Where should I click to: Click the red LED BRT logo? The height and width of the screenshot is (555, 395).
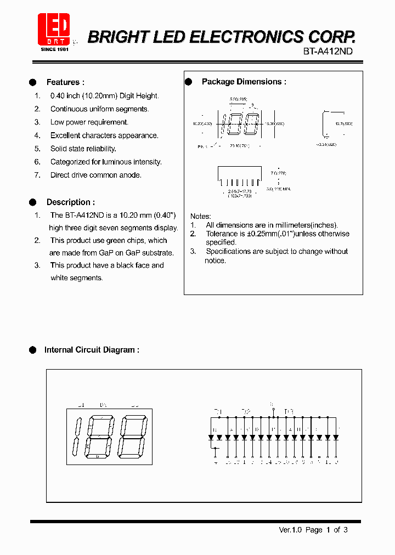[x=54, y=30]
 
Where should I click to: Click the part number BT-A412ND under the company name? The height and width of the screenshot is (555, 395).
[x=328, y=50]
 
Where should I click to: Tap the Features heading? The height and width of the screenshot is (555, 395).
[x=65, y=82]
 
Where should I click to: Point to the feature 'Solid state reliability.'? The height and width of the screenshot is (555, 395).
[x=83, y=149]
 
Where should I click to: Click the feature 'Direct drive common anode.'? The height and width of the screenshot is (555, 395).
[x=95, y=175]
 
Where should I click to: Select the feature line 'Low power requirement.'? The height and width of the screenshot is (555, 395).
[x=89, y=122]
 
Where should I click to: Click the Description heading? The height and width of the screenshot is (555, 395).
[x=70, y=202]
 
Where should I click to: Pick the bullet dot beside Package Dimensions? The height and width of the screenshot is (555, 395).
[x=188, y=82]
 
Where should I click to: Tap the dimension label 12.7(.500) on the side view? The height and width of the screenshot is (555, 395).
[x=342, y=124]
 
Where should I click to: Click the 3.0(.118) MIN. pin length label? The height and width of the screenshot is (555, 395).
[x=279, y=189]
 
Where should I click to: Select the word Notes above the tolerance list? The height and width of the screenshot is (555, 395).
[x=200, y=216]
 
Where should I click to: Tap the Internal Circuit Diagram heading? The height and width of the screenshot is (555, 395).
[x=92, y=350]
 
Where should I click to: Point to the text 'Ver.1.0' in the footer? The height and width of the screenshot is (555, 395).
[x=291, y=530]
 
